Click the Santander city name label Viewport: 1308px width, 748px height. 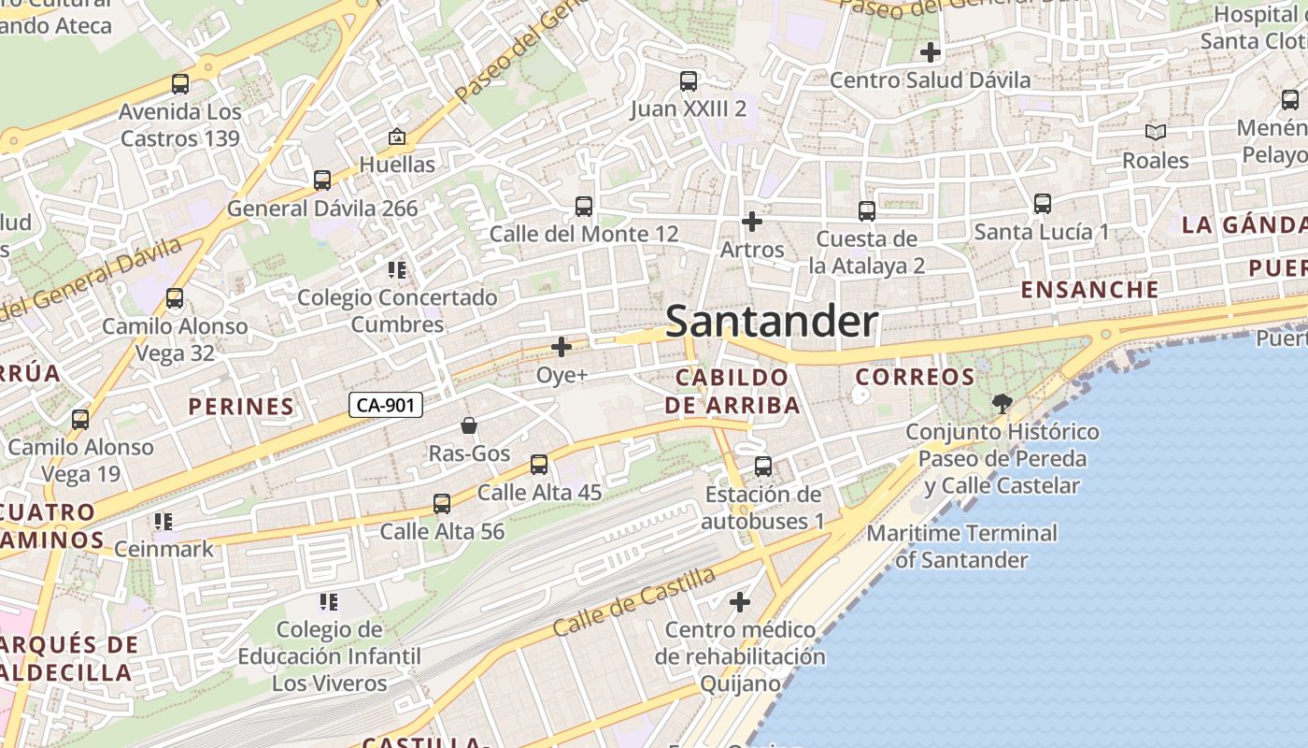772,322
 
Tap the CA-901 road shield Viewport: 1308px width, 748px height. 386,405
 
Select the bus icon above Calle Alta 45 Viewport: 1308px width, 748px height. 539,465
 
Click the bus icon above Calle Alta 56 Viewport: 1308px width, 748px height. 442,505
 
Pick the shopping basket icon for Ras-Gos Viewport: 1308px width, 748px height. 469,426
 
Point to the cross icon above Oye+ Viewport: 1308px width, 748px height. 562,347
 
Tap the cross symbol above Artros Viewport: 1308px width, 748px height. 751,222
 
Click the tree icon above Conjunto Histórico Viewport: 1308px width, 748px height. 1002,404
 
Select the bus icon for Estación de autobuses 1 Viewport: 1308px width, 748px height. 763,467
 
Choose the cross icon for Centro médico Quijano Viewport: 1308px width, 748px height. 740,602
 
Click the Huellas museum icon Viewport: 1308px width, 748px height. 397,137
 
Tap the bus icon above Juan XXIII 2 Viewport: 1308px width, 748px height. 689,81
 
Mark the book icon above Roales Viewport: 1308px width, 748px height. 1156,133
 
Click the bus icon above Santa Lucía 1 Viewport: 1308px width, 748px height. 1042,204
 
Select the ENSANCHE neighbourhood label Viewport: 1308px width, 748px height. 1089,289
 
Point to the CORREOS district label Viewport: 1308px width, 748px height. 916,377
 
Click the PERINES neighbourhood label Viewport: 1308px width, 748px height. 241,406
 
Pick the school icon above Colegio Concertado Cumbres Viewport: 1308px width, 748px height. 397,271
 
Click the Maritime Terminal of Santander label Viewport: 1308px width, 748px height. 962,546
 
